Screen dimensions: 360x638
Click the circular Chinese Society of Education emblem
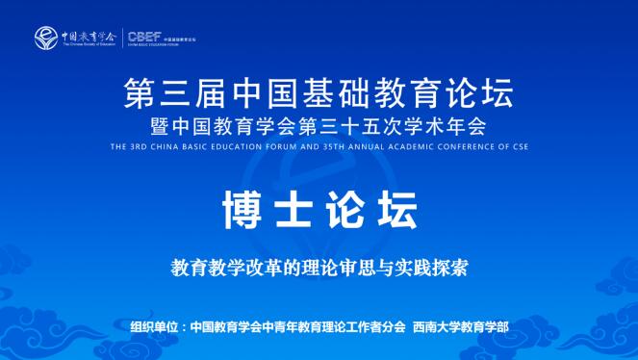pyautogui.click(x=46, y=39)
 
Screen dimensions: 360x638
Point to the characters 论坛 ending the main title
pyautogui.click(x=481, y=94)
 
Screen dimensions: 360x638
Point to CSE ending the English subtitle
pyautogui.click(x=517, y=147)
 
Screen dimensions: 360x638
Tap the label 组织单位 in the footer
pyautogui.click(x=156, y=326)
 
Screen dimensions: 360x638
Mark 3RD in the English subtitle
pyautogui.click(x=137, y=147)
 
